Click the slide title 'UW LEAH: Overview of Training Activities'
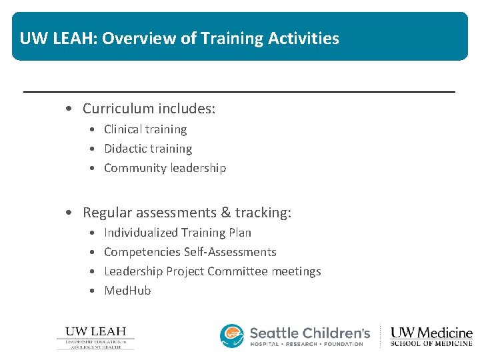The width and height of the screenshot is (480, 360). (179, 38)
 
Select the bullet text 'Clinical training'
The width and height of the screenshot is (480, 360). (145, 129)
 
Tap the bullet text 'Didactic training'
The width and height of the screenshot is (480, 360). (148, 149)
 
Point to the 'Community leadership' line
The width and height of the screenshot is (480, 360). (165, 168)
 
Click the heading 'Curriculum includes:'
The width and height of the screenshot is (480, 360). (149, 108)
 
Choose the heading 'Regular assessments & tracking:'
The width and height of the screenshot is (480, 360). (187, 213)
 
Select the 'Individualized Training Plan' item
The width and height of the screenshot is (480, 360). (177, 233)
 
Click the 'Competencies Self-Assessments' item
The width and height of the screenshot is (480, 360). (190, 252)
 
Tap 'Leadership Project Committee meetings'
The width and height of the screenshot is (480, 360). (212, 271)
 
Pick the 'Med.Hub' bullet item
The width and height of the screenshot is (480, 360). (127, 291)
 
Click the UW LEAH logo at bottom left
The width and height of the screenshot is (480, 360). (95, 337)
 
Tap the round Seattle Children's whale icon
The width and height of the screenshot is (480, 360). (232, 336)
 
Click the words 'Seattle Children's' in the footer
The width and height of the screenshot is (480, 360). (310, 332)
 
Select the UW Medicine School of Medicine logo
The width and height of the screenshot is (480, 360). (431, 336)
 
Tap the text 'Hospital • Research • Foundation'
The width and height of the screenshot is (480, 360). (307, 344)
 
